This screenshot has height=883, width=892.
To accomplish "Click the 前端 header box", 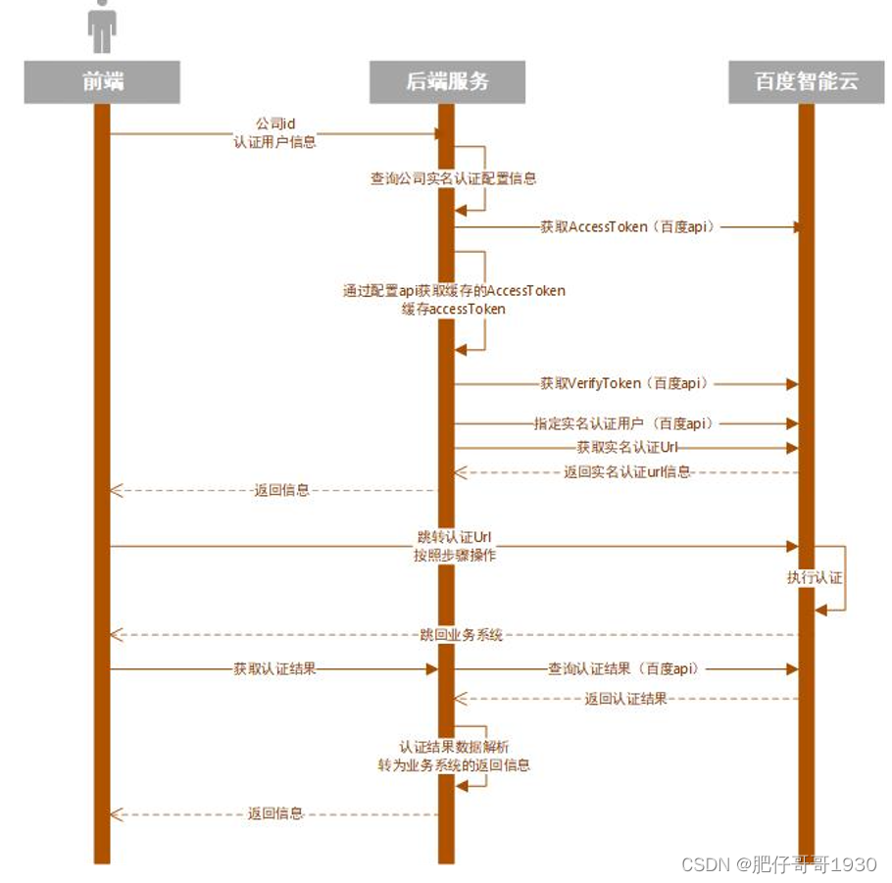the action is (102, 82).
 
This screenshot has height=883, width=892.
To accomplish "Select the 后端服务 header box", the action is (447, 82).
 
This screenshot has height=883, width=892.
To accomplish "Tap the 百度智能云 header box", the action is (806, 82).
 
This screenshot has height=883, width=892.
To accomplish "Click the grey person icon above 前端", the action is (102, 27).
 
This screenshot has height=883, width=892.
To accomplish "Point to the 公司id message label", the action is (275, 123).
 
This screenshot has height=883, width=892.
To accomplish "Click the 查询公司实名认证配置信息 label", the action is (453, 179).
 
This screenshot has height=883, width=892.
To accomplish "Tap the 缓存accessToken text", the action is (454, 309).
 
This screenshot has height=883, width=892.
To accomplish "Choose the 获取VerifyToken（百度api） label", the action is (624, 383).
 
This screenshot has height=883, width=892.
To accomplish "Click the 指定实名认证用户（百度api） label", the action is (623, 423).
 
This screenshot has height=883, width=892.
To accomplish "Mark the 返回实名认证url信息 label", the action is (627, 471).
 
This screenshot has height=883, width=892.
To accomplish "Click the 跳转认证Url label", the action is (454, 538).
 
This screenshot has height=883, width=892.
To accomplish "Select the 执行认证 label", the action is (815, 577).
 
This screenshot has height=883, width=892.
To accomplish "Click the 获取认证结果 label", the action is (274, 669).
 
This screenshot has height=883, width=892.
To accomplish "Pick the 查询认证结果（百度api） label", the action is (623, 669).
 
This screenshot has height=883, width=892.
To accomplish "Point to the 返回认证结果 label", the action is (625, 699).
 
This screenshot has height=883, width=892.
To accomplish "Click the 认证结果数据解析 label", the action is (454, 747).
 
